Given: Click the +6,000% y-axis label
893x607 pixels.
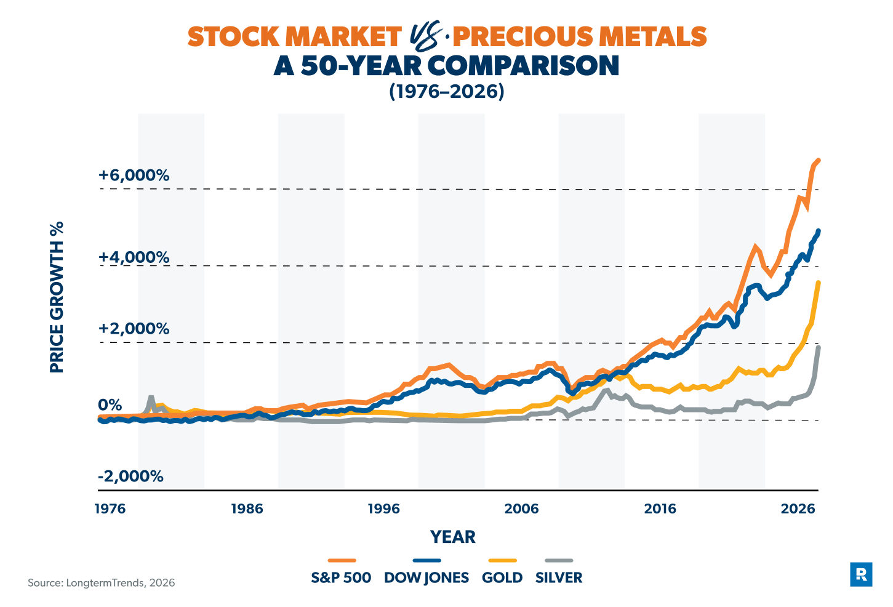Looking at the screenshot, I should [x=134, y=175].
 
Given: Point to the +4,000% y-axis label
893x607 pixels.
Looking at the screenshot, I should [x=134, y=257].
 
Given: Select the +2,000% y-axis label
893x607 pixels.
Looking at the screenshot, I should [x=134, y=328].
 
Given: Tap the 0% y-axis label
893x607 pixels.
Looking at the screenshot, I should [x=110, y=404].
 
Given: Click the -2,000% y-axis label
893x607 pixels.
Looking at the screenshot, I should [x=130, y=476].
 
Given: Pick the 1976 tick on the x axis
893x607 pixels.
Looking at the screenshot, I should [x=110, y=509].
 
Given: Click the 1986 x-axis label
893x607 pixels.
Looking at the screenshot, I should [x=247, y=509].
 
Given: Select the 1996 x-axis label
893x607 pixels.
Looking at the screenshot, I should [x=383, y=509].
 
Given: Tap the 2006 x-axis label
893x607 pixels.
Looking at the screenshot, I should [x=521, y=509].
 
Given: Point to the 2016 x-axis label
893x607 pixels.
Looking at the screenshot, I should [x=659, y=509].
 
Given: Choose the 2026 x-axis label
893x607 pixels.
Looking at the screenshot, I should [x=797, y=509].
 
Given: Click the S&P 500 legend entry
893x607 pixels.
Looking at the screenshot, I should [x=341, y=577].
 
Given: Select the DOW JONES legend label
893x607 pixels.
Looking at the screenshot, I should [x=426, y=577].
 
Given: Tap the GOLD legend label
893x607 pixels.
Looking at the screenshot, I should [x=502, y=577].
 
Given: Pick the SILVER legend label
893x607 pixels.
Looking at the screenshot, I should [x=559, y=577].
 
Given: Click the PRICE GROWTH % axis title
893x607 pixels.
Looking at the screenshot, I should [x=57, y=297].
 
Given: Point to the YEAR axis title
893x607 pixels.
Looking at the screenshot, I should [x=453, y=537].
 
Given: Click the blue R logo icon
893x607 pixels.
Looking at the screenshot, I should [x=861, y=574].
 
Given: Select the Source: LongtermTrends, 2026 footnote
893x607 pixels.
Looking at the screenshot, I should [x=101, y=582].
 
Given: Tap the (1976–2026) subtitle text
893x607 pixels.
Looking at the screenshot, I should [x=446, y=91].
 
